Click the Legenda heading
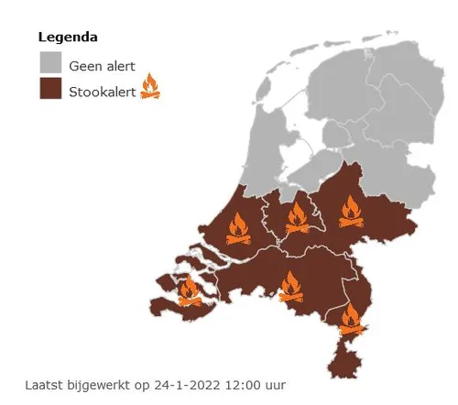click(68, 38)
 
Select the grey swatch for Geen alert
click(50, 64)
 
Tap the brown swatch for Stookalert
click(50, 90)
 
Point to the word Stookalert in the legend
click(102, 91)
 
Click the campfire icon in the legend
click(150, 89)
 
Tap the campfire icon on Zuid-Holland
click(238, 230)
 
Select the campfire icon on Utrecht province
click(297, 218)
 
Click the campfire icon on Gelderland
click(350, 213)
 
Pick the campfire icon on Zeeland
click(190, 290)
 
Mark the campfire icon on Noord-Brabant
click(291, 287)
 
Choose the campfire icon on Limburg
click(351, 319)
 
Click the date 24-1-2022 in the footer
click(168, 385)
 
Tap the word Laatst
click(43, 385)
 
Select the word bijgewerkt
click(94, 385)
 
